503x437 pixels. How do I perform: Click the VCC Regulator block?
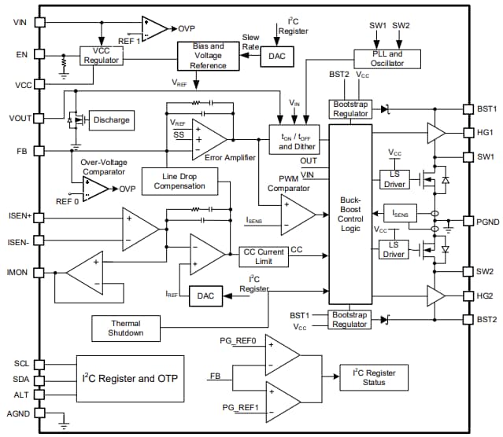click(101, 57)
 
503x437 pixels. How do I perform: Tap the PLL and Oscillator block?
click(388, 58)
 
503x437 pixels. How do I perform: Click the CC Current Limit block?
click(263, 256)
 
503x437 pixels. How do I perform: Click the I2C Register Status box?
click(374, 377)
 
